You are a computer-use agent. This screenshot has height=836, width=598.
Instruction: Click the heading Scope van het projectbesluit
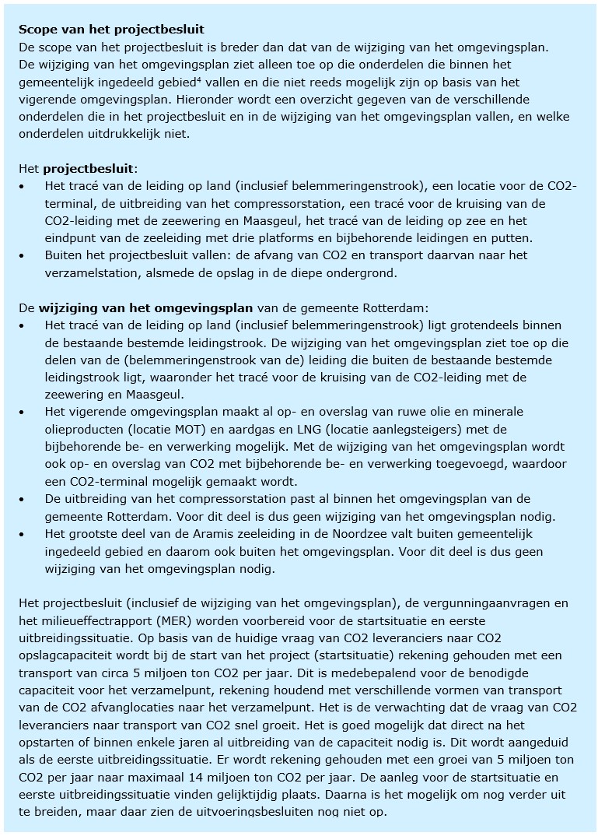(111, 30)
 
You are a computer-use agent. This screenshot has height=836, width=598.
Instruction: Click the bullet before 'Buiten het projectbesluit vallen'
(23, 255)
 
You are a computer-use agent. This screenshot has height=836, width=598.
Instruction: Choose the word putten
(508, 238)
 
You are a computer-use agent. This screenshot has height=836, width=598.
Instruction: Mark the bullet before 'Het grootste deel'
(23, 534)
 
